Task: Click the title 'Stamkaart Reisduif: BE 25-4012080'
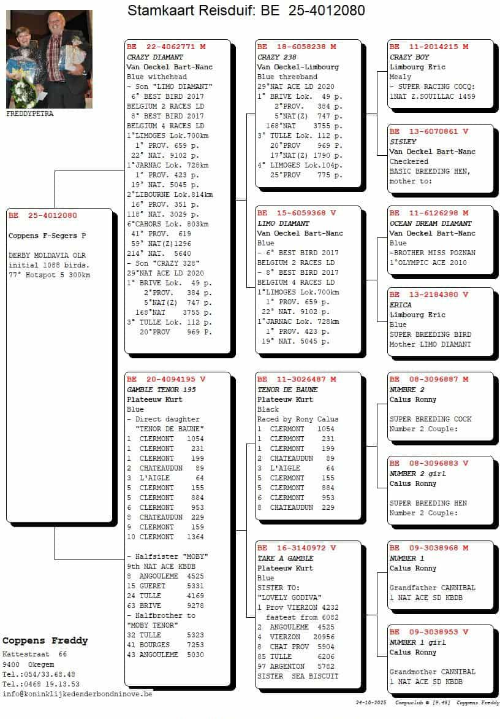[x=246, y=10]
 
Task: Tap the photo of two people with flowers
[x=49, y=59]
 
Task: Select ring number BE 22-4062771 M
[x=166, y=47]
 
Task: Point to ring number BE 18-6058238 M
[x=297, y=47]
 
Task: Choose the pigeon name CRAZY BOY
[x=409, y=57]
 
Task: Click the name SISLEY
[x=403, y=142]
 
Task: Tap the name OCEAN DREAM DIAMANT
[x=431, y=223]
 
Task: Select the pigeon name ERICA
[x=401, y=305]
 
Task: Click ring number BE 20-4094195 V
[x=166, y=379]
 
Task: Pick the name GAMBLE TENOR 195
[x=161, y=390]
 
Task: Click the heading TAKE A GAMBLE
[x=285, y=558]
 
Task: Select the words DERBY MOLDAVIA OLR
[x=47, y=255]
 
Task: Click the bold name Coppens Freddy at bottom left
[x=45, y=640]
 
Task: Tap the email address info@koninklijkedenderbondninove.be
[x=77, y=694]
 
